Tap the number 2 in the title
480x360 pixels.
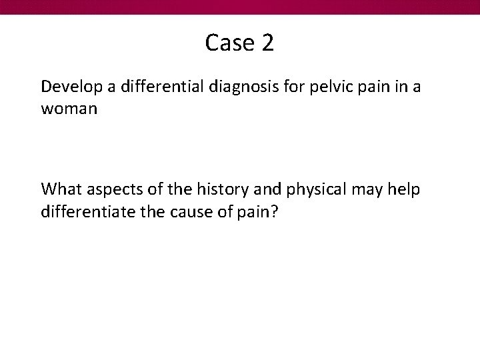pyautogui.click(x=267, y=43)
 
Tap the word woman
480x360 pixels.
pyautogui.click(x=69, y=108)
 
